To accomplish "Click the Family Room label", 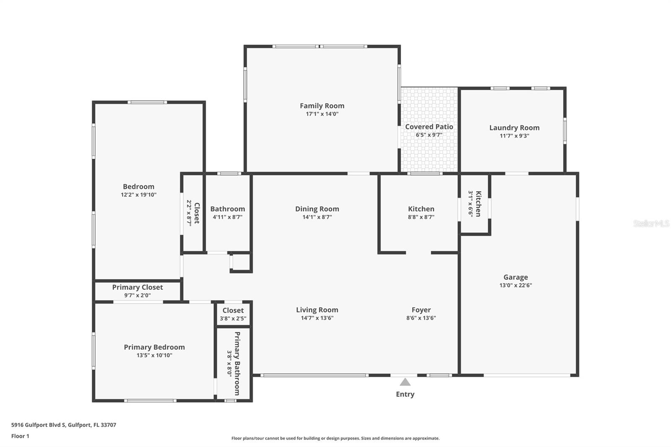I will pyautogui.click(x=322, y=106).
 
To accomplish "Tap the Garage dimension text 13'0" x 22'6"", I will pyautogui.click(x=515, y=285).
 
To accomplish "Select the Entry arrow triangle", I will pyautogui.click(x=405, y=382).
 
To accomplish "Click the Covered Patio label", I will pyautogui.click(x=429, y=127).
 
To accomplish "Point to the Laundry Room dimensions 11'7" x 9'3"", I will pyautogui.click(x=514, y=136).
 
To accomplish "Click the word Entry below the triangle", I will pyautogui.click(x=405, y=394).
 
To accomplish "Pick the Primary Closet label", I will pyautogui.click(x=137, y=287).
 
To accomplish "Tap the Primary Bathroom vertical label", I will pyautogui.click(x=237, y=363).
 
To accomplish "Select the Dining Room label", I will pyautogui.click(x=317, y=209).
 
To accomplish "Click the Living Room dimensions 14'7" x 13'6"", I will pyautogui.click(x=317, y=318).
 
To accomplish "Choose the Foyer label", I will pyautogui.click(x=421, y=310).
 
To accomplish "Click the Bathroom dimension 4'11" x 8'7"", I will pyautogui.click(x=227, y=217).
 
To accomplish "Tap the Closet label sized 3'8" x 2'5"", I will pyautogui.click(x=233, y=310).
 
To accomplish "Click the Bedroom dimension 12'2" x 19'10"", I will pyautogui.click(x=138, y=195).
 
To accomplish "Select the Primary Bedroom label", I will pyautogui.click(x=154, y=347).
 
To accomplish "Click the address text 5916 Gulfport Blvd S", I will pyautogui.click(x=39, y=425).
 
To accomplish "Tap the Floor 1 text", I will pyautogui.click(x=20, y=436).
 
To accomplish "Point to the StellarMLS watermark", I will pyautogui.click(x=651, y=223).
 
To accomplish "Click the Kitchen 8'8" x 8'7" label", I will pyautogui.click(x=421, y=209).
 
